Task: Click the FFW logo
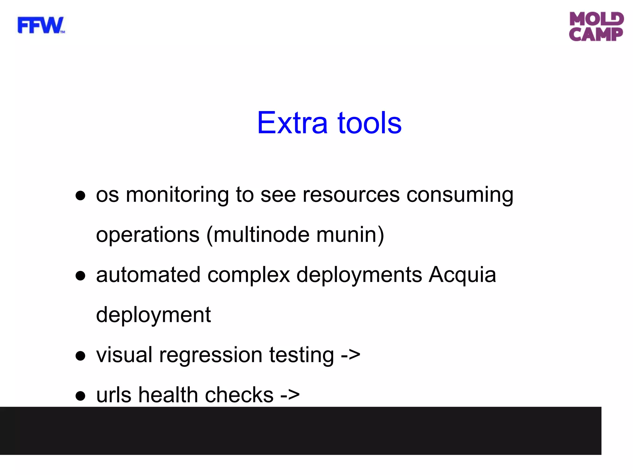pos(41,25)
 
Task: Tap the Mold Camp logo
pos(596,27)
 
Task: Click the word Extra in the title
pos(292,123)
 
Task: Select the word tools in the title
pos(369,123)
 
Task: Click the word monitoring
pos(177,195)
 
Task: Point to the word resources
pos(351,195)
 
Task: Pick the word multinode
pos(261,235)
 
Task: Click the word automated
pos(148,275)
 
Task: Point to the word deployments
pos(359,276)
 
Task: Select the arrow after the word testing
pos(350,355)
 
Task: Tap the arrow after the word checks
pos(290,395)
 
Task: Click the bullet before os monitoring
pos(80,196)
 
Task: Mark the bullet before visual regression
pos(80,356)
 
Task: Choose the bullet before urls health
pos(80,396)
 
